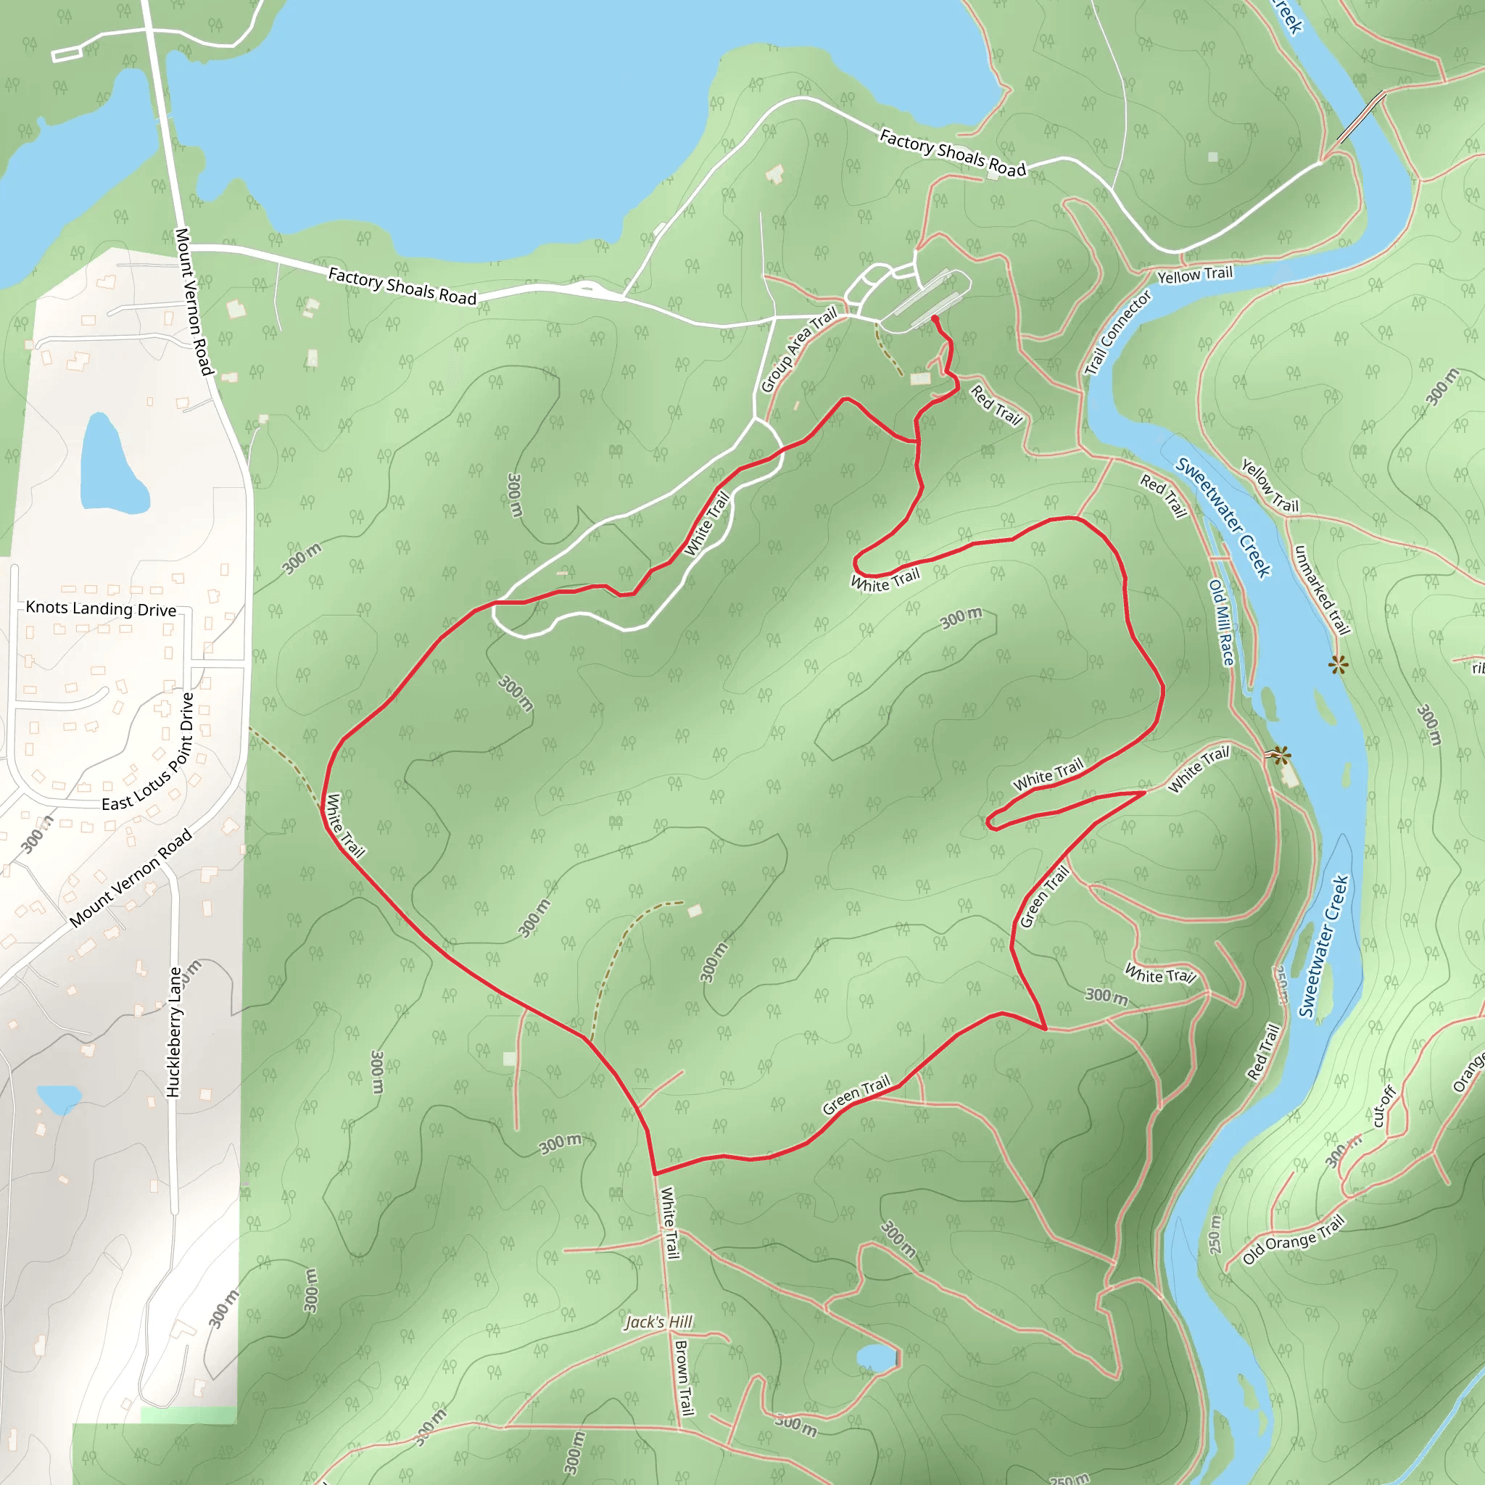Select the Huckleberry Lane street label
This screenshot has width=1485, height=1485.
pos(174,1032)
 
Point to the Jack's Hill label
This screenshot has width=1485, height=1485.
pos(658,1322)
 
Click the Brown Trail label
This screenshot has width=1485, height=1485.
pos(683,1378)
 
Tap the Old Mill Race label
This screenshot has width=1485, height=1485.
pos(1221,623)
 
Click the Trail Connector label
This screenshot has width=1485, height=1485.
pos(1117,332)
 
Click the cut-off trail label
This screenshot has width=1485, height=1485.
pos(1383,1106)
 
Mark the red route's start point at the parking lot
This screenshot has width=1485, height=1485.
pos(934,318)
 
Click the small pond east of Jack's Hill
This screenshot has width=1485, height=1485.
pos(876,1357)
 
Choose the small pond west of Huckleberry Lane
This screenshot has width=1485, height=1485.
pos(59,1099)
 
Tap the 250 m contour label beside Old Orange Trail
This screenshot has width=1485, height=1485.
pos(1215,1234)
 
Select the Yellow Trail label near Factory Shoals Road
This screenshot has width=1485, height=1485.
pos(1194,274)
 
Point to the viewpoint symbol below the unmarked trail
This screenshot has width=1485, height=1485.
pos(1339,665)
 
